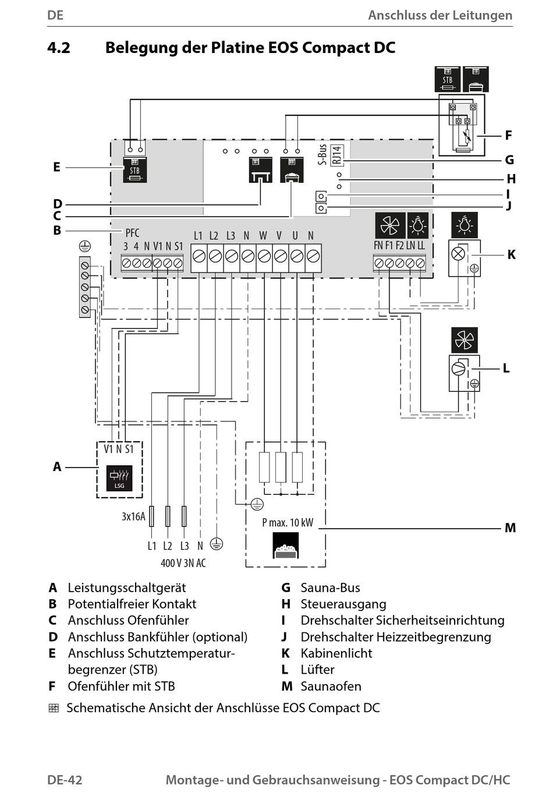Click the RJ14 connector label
click(x=337, y=155)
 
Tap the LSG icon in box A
click(x=119, y=477)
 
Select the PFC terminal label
click(x=132, y=233)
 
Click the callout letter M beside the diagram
click(x=510, y=528)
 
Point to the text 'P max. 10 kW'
click(x=288, y=522)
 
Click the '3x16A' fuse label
click(x=133, y=516)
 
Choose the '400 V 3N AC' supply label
click(x=183, y=563)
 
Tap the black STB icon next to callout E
click(x=134, y=170)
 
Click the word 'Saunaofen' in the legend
click(x=331, y=686)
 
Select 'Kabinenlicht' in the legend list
click(x=336, y=653)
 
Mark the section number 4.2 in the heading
click(x=59, y=48)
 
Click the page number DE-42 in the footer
click(x=65, y=780)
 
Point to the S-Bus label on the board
click(x=322, y=155)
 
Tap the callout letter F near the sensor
click(x=508, y=136)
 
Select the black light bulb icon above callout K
click(x=464, y=225)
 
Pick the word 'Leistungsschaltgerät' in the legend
click(x=127, y=587)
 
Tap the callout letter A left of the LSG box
click(x=57, y=466)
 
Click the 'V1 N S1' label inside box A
click(x=119, y=449)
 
